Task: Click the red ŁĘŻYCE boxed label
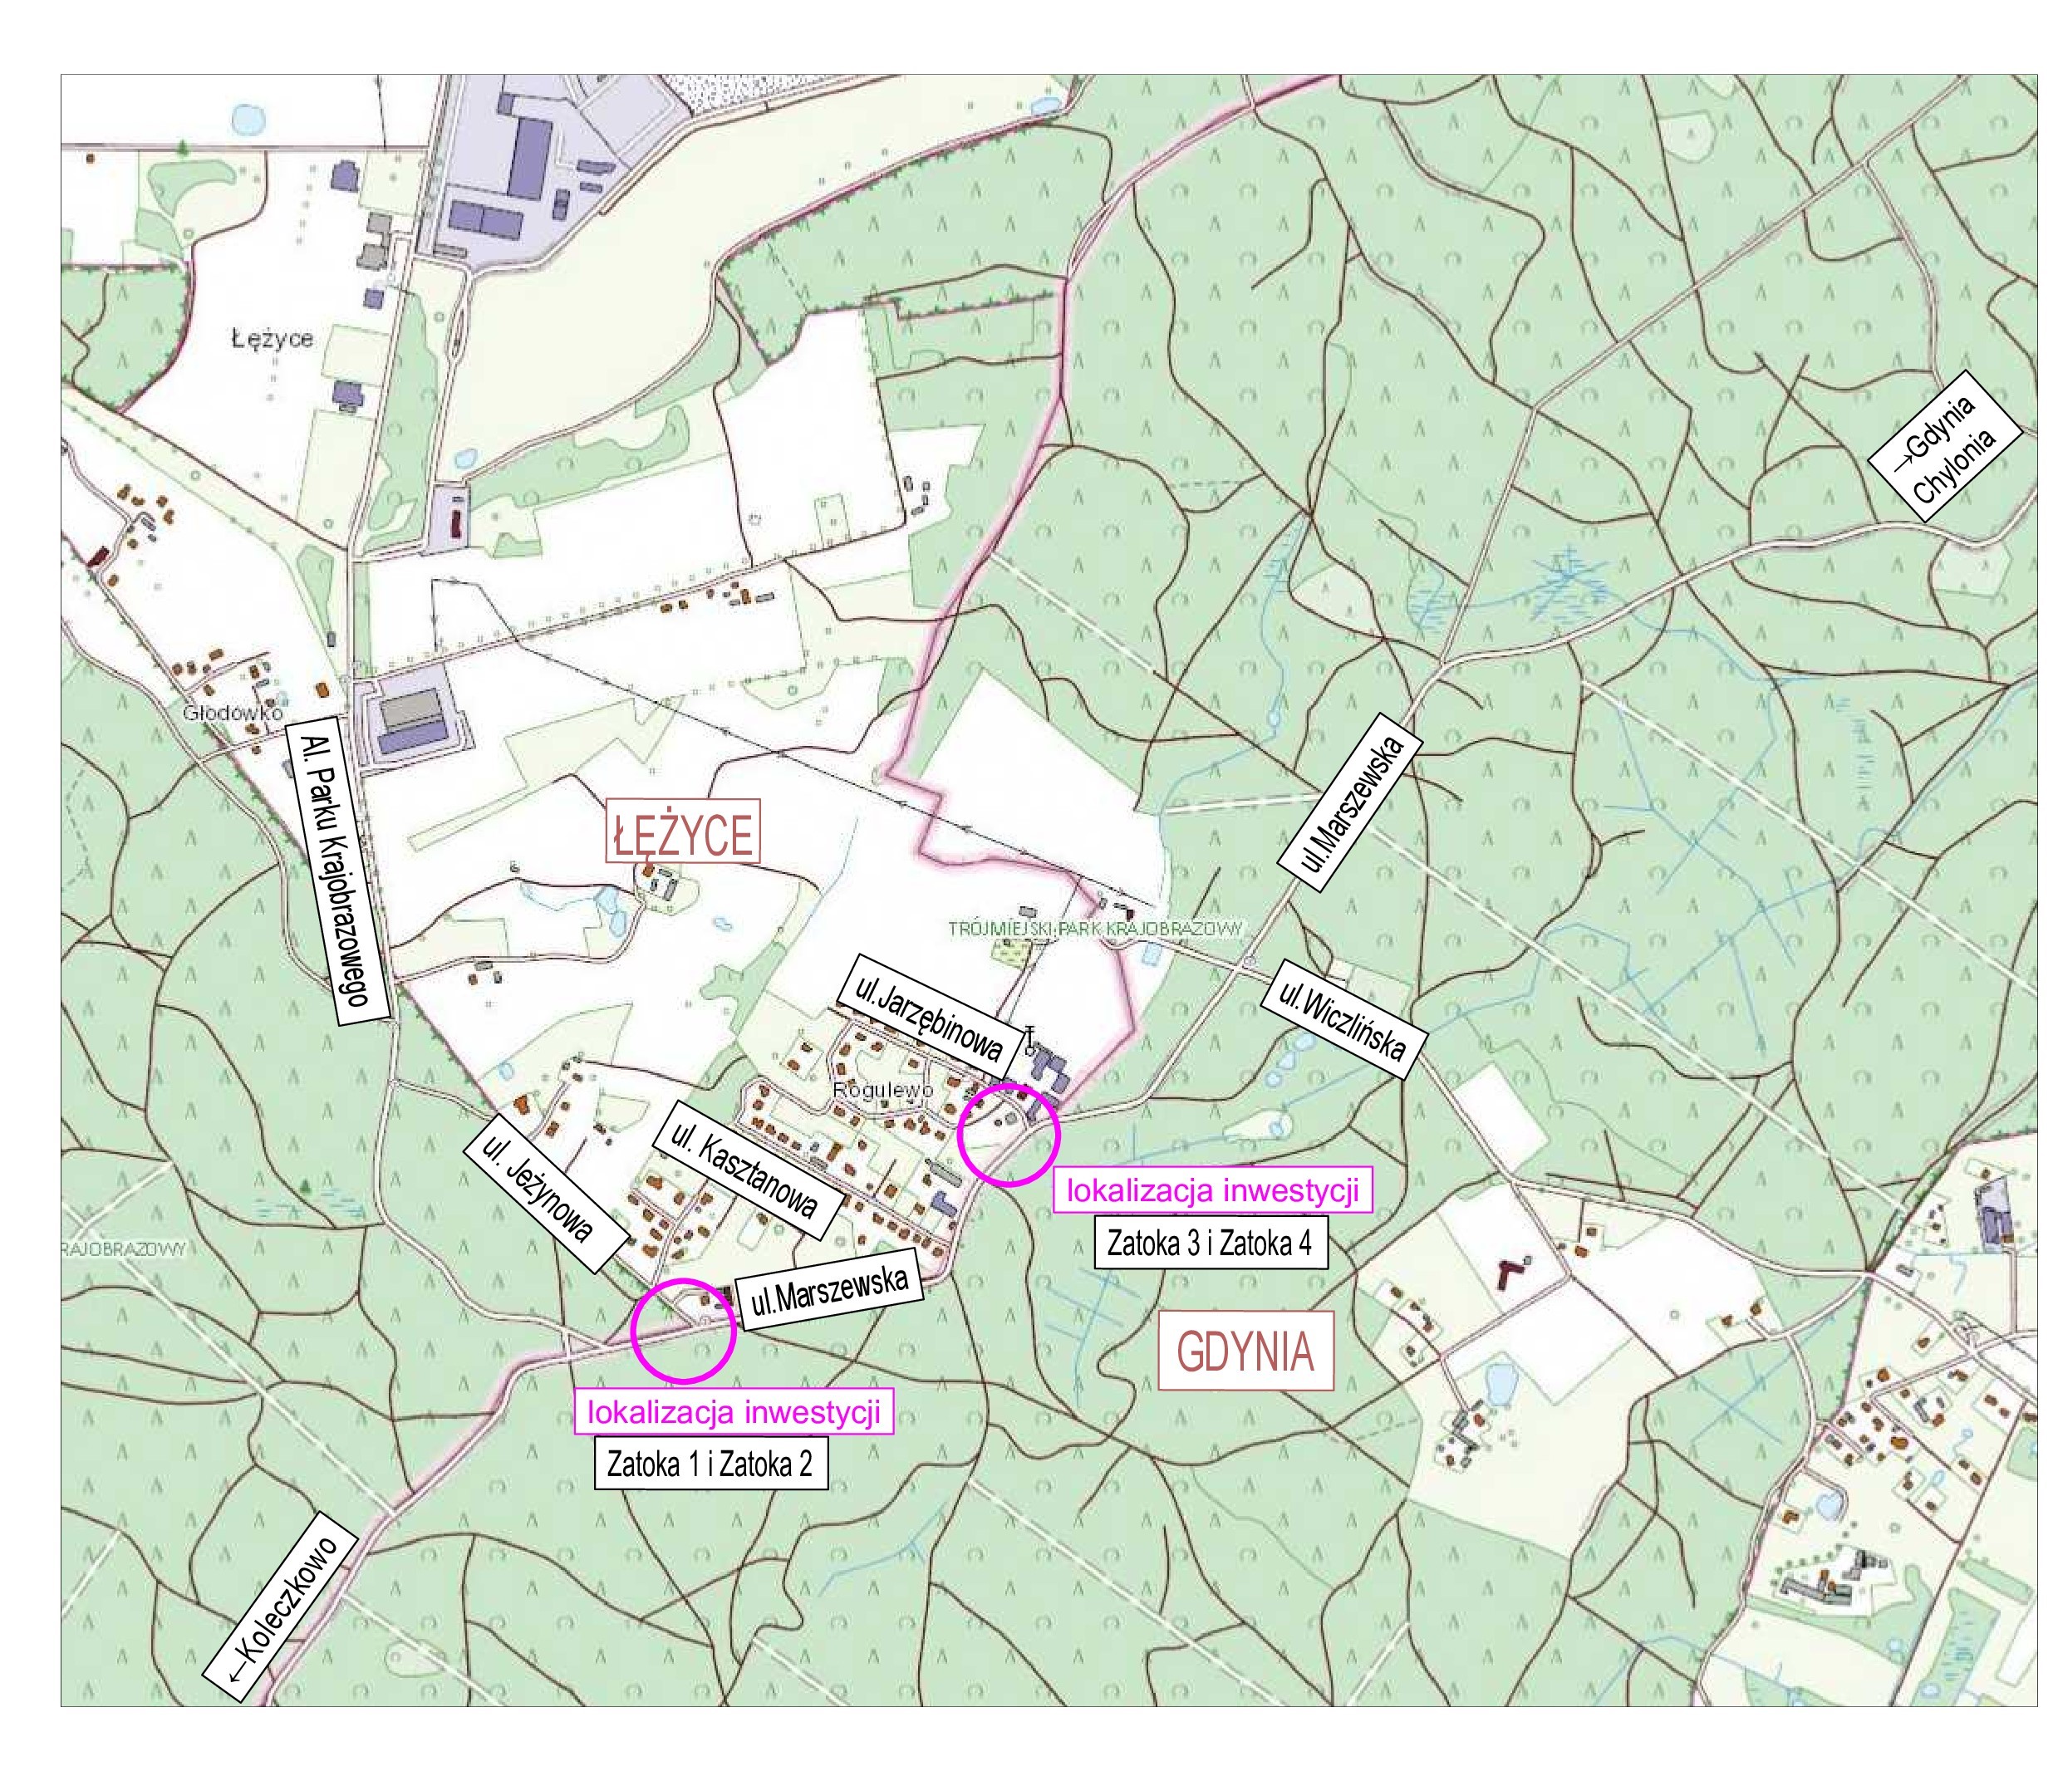click(682, 832)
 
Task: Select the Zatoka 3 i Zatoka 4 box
click(1210, 1244)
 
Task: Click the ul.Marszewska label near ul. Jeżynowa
click(829, 1295)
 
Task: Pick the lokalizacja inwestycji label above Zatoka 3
click(1211, 1191)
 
